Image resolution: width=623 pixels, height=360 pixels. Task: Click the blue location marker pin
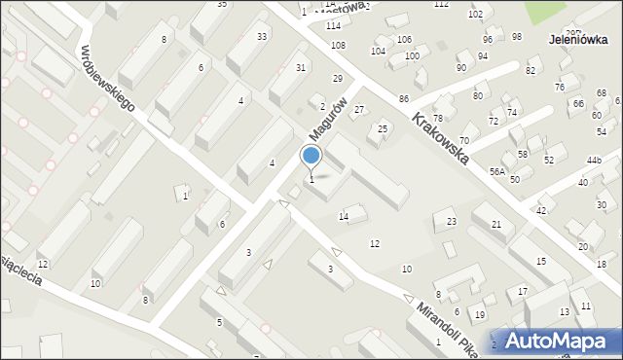tap(311, 157)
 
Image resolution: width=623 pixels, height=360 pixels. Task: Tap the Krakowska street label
tap(441, 137)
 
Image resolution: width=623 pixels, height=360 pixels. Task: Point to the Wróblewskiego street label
tap(107, 78)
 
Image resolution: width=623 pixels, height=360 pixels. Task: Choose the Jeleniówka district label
tap(578, 40)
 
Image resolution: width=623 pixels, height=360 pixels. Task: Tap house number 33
tap(262, 36)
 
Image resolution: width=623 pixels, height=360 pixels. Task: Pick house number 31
tap(301, 67)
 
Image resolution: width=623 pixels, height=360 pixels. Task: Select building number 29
tap(338, 78)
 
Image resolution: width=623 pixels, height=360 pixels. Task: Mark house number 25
tap(383, 128)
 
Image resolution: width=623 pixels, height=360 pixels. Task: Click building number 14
tap(343, 216)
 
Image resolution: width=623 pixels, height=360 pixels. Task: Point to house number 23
tap(451, 222)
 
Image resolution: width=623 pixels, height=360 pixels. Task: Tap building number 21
tap(496, 225)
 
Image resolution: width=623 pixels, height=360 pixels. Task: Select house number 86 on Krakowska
tap(403, 100)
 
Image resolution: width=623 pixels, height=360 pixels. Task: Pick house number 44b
tap(594, 160)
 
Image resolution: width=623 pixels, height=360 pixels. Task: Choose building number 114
tap(333, 25)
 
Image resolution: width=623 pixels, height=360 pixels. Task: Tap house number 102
tap(475, 14)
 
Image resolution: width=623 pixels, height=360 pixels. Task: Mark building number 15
tap(540, 262)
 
